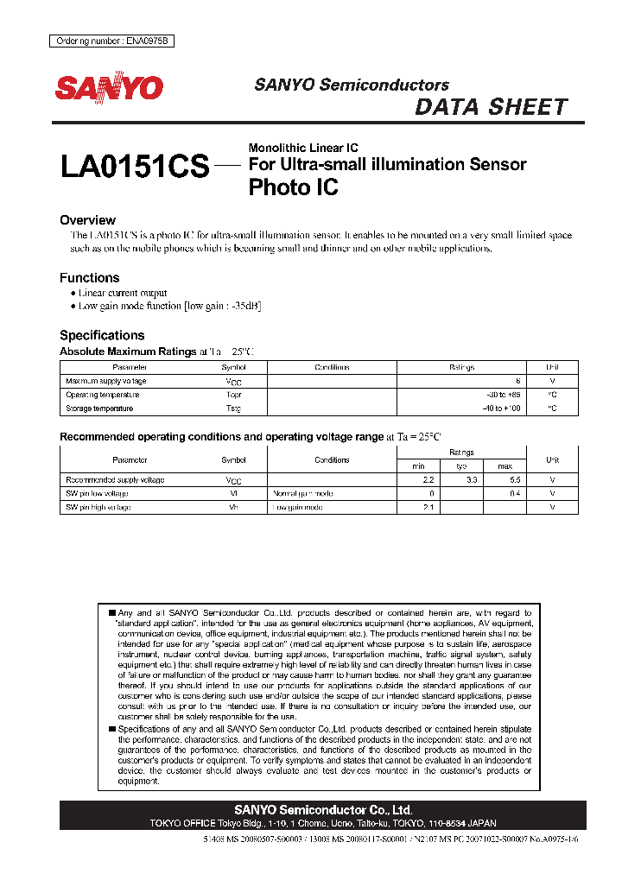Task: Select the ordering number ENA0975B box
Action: tap(108, 41)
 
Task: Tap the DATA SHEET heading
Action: tap(491, 107)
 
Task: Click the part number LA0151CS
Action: tap(135, 167)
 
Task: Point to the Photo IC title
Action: tap(293, 187)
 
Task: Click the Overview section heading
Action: tap(87, 220)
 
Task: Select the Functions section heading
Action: tap(89, 278)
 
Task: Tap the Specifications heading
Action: tap(102, 335)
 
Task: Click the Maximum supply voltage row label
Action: tap(106, 381)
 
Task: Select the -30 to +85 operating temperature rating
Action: tap(505, 395)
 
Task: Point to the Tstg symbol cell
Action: tap(233, 408)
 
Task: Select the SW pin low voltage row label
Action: tap(98, 494)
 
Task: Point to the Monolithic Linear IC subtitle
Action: tap(303, 148)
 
